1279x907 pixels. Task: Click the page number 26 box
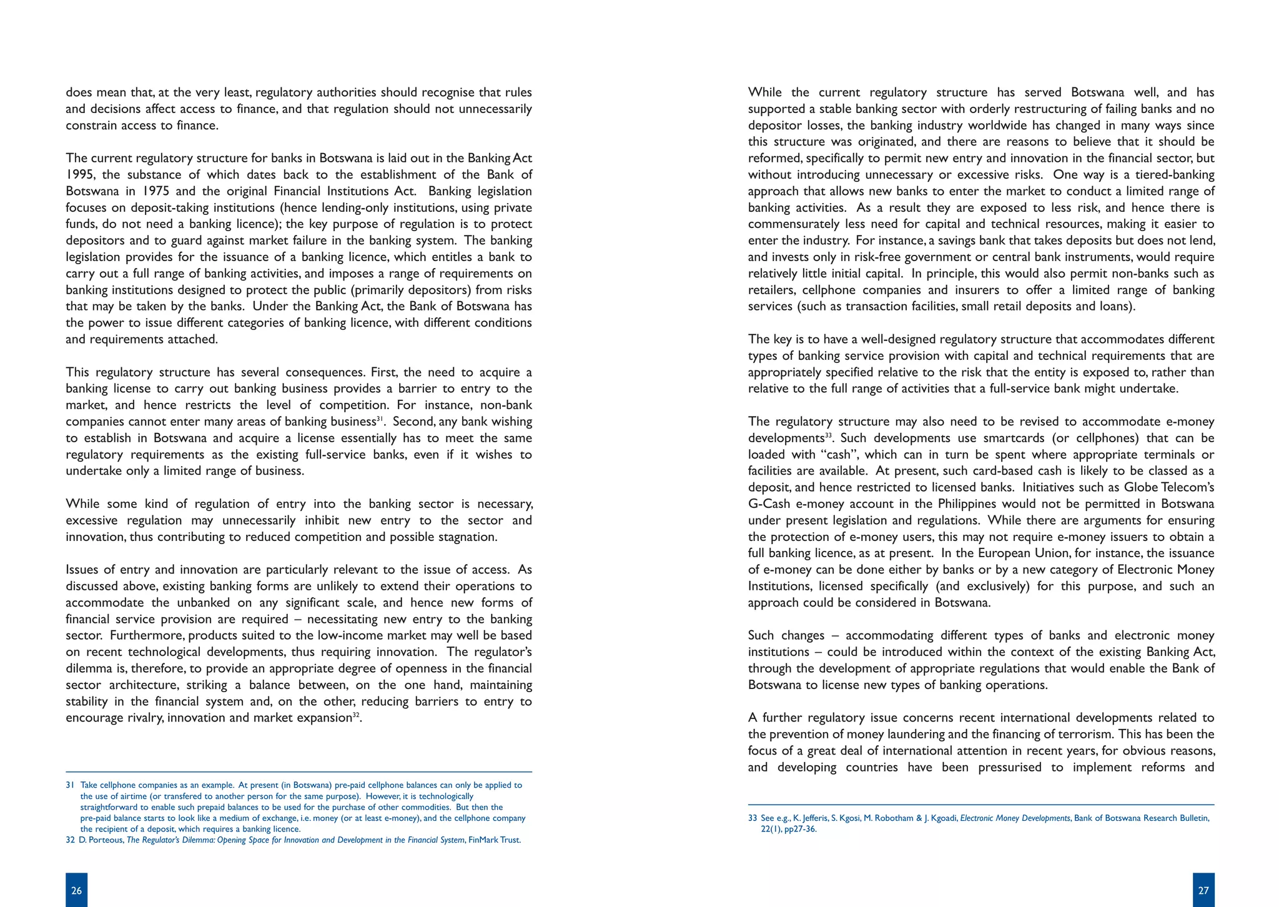[x=76, y=890]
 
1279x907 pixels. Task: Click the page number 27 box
[x=1203, y=890]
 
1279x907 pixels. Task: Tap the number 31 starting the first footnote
[x=70, y=785]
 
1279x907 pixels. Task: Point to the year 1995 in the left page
[x=79, y=175]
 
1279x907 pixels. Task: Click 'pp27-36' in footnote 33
[x=801, y=830]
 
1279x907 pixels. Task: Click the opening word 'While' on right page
[x=764, y=92]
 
